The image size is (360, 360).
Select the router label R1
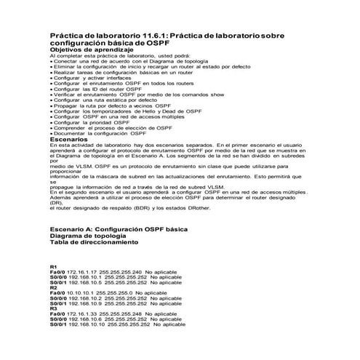point(53,266)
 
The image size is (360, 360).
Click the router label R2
point(53,287)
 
